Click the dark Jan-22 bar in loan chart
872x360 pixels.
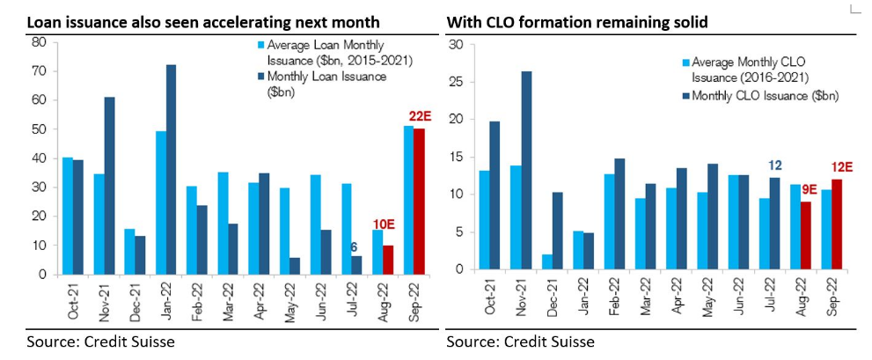(x=172, y=170)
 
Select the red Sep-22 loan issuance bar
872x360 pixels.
(x=420, y=202)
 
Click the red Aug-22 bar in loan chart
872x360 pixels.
(x=387, y=260)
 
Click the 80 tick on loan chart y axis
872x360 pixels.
(x=38, y=42)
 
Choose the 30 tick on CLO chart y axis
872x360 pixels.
(x=457, y=44)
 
